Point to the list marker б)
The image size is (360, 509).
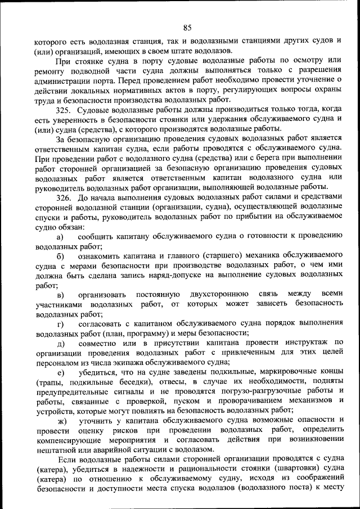pos(60,256)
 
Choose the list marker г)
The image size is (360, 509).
pos(60,324)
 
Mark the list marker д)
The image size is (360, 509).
pos(60,343)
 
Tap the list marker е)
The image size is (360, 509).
pos(60,372)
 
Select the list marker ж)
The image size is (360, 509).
pos(61,421)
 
